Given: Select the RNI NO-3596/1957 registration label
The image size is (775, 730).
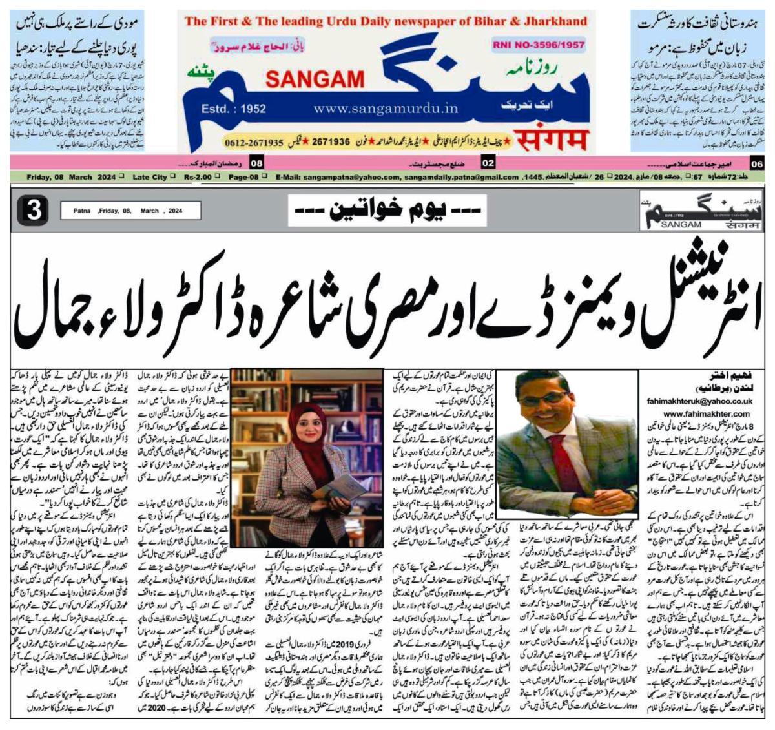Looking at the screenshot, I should (x=538, y=45).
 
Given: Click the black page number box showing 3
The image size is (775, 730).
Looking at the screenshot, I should (x=34, y=211).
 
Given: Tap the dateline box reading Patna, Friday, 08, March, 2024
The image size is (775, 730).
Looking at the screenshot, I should (x=130, y=211).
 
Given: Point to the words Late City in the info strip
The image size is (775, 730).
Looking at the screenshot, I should (x=150, y=177).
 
